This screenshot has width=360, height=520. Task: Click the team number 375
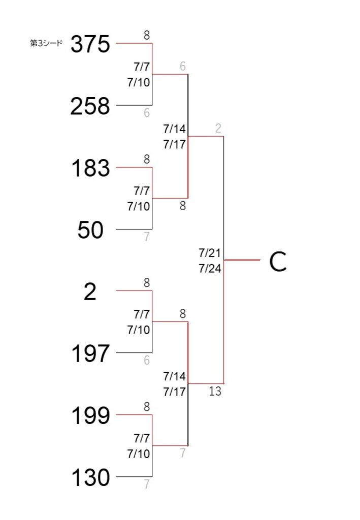90,44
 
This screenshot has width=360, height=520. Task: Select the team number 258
90,106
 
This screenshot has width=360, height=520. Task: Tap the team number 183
90,168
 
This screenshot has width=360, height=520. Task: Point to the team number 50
90,230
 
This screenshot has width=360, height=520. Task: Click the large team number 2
90,292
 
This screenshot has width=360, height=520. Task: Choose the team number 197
90,353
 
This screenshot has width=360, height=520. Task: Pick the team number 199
90,415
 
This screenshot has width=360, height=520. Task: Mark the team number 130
90,477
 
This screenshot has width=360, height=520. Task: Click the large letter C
278,262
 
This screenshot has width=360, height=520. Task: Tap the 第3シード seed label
46,43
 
